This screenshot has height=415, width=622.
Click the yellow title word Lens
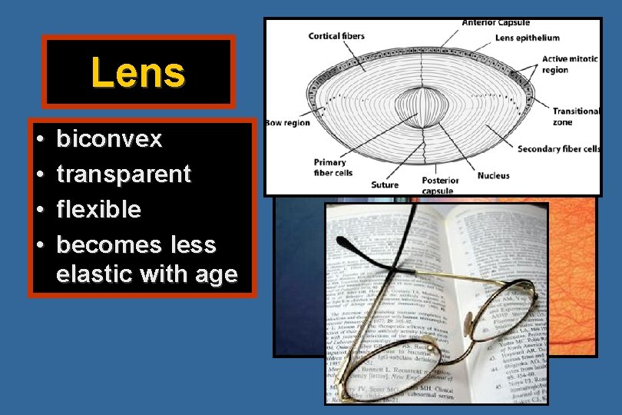[138, 73]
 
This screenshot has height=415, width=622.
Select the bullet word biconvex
[110, 139]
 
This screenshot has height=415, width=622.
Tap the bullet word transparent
[124, 174]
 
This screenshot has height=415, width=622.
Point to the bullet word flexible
[99, 209]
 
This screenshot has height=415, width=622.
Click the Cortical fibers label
[336, 35]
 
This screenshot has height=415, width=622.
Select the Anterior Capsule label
[495, 23]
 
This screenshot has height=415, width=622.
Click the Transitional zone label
[576, 116]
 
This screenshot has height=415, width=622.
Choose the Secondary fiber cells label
[558, 148]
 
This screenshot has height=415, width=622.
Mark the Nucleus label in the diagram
[493, 175]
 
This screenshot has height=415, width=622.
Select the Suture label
[385, 184]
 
